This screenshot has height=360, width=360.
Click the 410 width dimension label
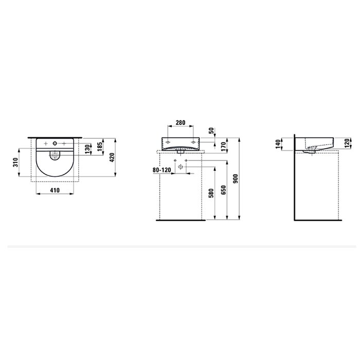[55, 190]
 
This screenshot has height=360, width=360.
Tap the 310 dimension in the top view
[15, 163]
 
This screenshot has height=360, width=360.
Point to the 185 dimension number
[100, 147]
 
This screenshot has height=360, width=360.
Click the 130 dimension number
[87, 149]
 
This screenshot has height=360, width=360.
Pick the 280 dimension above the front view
[181, 123]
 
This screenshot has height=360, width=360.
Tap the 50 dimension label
[211, 131]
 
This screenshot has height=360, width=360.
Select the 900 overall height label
[236, 179]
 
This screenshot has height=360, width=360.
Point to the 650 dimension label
[224, 190]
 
